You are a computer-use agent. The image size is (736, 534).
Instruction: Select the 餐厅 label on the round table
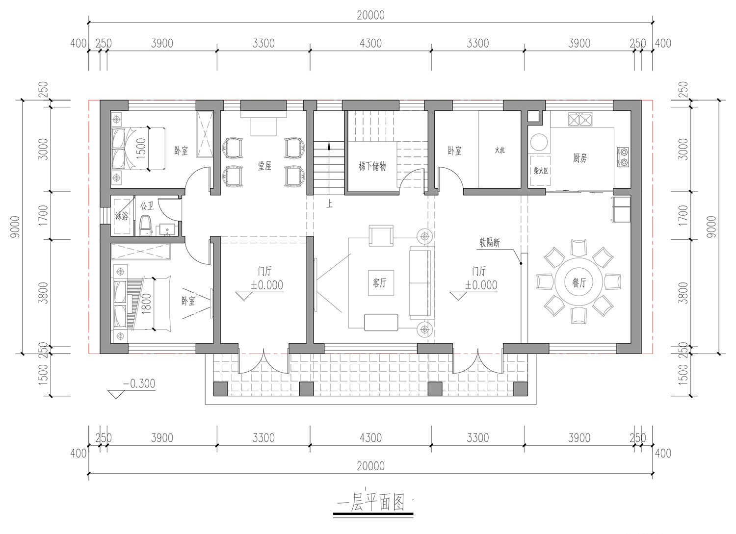tap(579, 282)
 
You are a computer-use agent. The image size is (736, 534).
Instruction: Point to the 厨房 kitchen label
tap(580, 158)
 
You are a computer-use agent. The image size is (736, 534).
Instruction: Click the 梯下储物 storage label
tap(372, 166)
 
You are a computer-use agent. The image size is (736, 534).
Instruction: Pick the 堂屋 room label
tap(264, 166)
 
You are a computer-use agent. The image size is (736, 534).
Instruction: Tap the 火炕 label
tap(500, 150)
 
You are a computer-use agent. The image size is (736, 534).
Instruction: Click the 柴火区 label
tap(541, 171)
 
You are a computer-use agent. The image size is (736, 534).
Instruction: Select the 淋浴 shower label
tap(122, 216)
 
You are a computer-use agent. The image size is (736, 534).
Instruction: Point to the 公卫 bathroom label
tap(147, 206)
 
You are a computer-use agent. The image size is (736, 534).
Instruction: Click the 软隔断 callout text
tap(490, 243)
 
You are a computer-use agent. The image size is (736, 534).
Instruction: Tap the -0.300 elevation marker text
tap(139, 383)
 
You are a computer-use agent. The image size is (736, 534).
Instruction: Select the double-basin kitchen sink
tap(580, 120)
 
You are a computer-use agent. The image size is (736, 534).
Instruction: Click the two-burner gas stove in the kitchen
tap(623, 157)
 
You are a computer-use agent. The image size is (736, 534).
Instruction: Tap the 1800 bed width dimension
tap(146, 304)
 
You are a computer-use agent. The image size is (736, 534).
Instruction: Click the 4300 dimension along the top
tap(370, 43)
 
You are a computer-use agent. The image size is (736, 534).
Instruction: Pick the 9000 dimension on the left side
tap(15, 227)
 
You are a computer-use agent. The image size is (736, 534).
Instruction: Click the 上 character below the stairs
tap(330, 204)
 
